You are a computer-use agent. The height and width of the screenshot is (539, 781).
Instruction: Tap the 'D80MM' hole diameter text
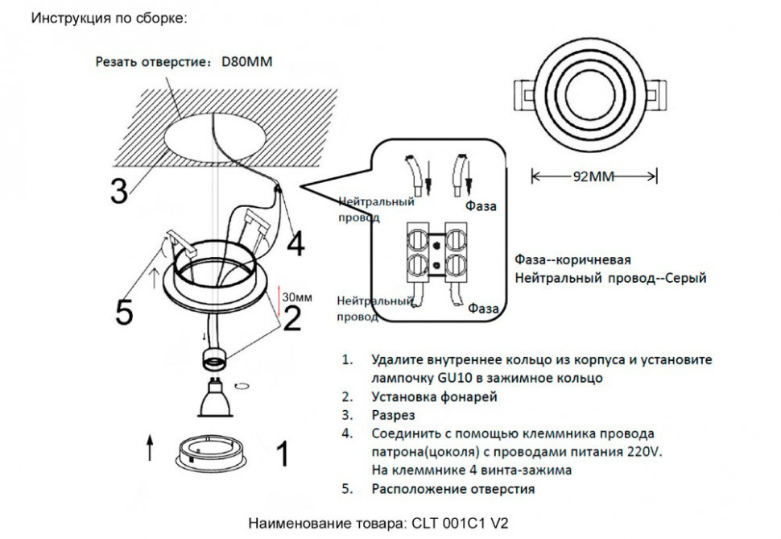click(246, 61)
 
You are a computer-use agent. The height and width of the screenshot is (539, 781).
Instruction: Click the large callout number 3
click(119, 191)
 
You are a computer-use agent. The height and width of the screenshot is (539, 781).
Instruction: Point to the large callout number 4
click(295, 243)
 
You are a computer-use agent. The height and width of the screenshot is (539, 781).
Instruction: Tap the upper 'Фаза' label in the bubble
click(482, 206)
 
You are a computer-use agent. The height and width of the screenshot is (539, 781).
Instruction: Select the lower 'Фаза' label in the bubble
click(483, 309)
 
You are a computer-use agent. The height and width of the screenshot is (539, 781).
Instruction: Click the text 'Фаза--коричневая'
click(572, 261)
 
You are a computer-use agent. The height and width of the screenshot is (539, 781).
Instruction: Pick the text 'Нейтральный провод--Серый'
click(610, 279)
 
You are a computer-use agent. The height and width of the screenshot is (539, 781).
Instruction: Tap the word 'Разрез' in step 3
click(394, 415)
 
